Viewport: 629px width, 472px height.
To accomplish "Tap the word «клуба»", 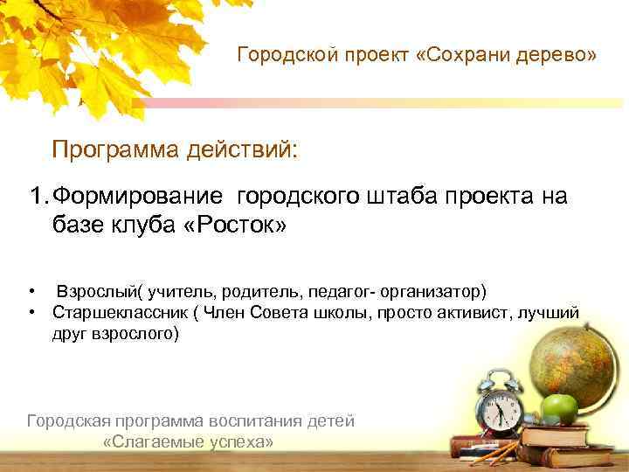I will pos(140,226).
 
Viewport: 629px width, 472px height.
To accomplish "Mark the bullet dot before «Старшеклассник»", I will pos(31,312).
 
